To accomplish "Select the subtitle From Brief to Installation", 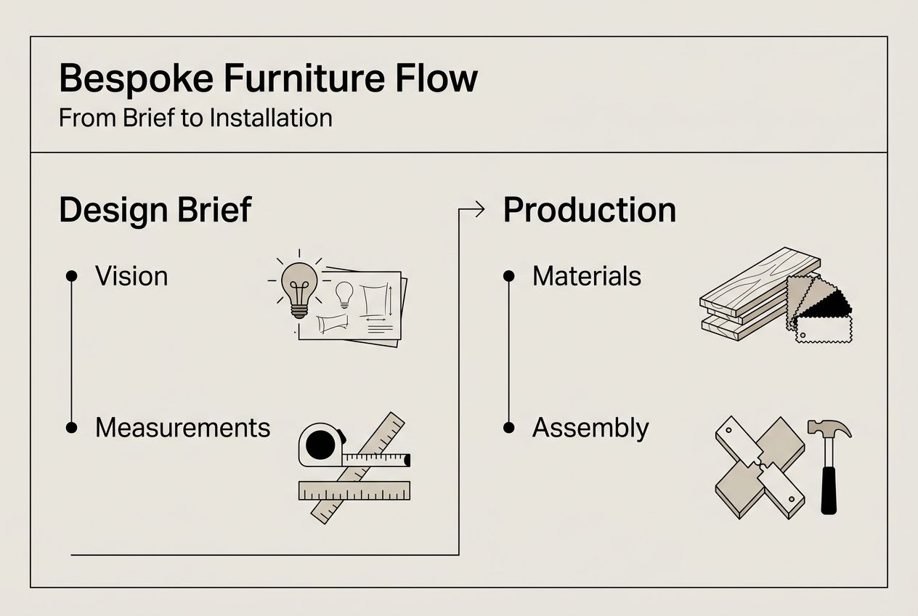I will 195,118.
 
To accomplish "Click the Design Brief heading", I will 155,210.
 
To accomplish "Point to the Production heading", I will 589,210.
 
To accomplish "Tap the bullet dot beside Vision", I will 71,276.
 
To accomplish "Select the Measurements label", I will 182,427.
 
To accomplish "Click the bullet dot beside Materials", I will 508,276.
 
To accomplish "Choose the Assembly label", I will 590,428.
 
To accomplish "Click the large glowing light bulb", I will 299,285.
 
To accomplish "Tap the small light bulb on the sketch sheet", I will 344,293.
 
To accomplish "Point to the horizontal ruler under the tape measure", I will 354,490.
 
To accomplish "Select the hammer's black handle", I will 829,490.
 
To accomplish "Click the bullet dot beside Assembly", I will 508,428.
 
